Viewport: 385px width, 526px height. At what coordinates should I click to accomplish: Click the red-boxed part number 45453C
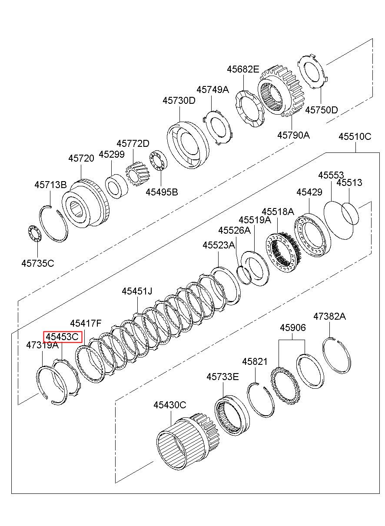click(x=63, y=336)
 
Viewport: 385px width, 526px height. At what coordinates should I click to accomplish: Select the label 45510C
click(x=355, y=137)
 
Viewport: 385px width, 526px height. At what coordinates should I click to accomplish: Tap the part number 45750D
click(x=321, y=110)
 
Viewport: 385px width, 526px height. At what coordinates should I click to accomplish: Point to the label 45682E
click(x=243, y=69)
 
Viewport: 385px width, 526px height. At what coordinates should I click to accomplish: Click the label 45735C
click(x=38, y=263)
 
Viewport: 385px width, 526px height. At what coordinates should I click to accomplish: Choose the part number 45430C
click(x=169, y=405)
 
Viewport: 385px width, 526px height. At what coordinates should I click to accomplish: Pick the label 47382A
click(x=329, y=316)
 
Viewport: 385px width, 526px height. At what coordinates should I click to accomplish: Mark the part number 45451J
click(x=137, y=291)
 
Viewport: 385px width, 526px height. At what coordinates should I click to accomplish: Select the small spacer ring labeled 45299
click(x=116, y=186)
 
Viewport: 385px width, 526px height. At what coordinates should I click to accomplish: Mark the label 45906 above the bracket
click(x=292, y=328)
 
